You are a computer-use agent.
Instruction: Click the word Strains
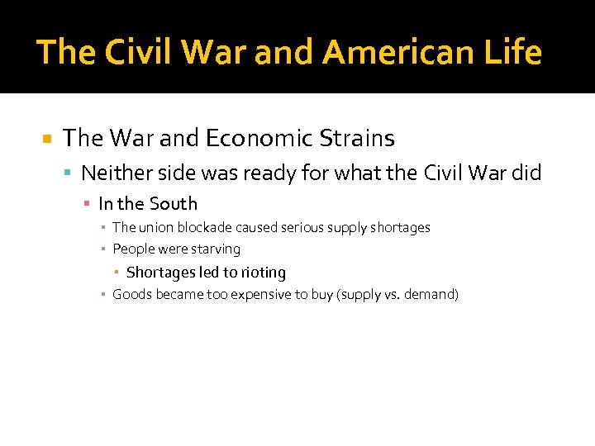[x=354, y=138]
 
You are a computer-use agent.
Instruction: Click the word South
[x=173, y=203]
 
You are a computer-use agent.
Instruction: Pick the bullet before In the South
[x=86, y=204]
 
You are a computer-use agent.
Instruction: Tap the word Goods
[x=131, y=294]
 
